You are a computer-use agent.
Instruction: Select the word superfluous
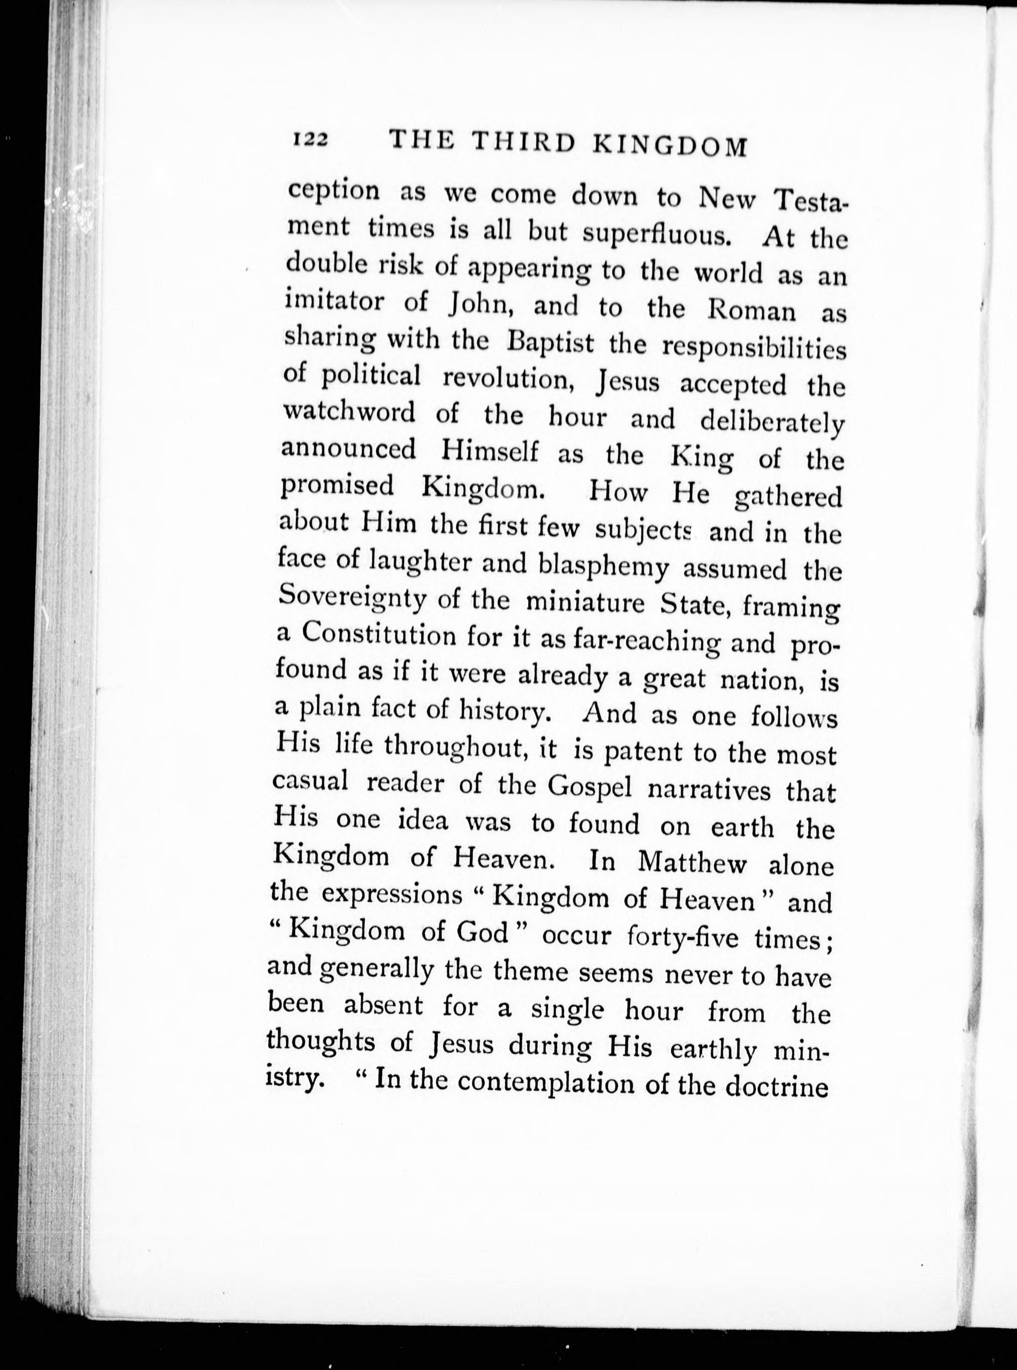pyautogui.click(x=656, y=234)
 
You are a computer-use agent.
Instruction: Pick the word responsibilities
pyautogui.click(x=753, y=348)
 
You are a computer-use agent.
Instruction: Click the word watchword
pyautogui.click(x=349, y=412)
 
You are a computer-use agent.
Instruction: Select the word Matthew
pyautogui.click(x=692, y=863)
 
